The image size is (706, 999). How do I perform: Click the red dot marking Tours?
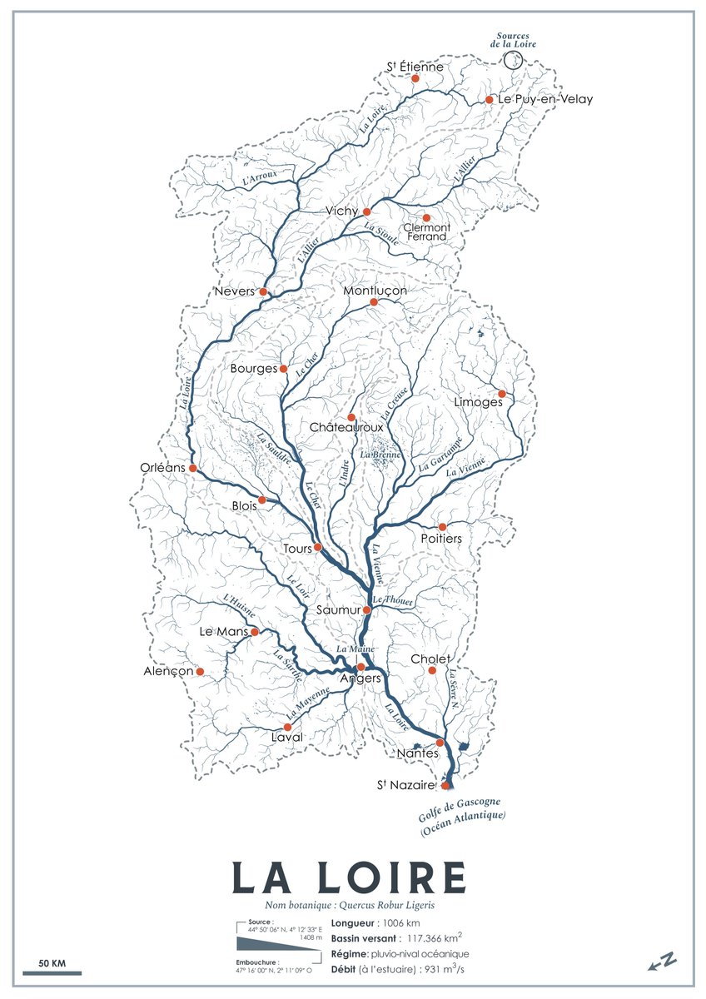[317, 548]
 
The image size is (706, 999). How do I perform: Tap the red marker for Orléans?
[192, 468]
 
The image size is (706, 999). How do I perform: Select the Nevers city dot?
[263, 291]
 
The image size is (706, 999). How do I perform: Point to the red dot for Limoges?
[501, 394]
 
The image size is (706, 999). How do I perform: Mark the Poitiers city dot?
[442, 527]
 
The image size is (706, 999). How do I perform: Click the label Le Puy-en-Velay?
[545, 99]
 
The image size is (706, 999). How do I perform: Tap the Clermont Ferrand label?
[425, 231]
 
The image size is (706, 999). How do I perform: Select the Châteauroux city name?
[346, 427]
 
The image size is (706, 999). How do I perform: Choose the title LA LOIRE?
[349, 877]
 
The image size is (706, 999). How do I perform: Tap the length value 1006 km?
[400, 922]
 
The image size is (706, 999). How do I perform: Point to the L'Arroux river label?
[260, 176]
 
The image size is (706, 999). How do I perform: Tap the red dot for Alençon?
[200, 671]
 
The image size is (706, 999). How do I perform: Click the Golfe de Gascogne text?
[453, 806]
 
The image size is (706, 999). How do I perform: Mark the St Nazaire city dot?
[445, 785]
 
